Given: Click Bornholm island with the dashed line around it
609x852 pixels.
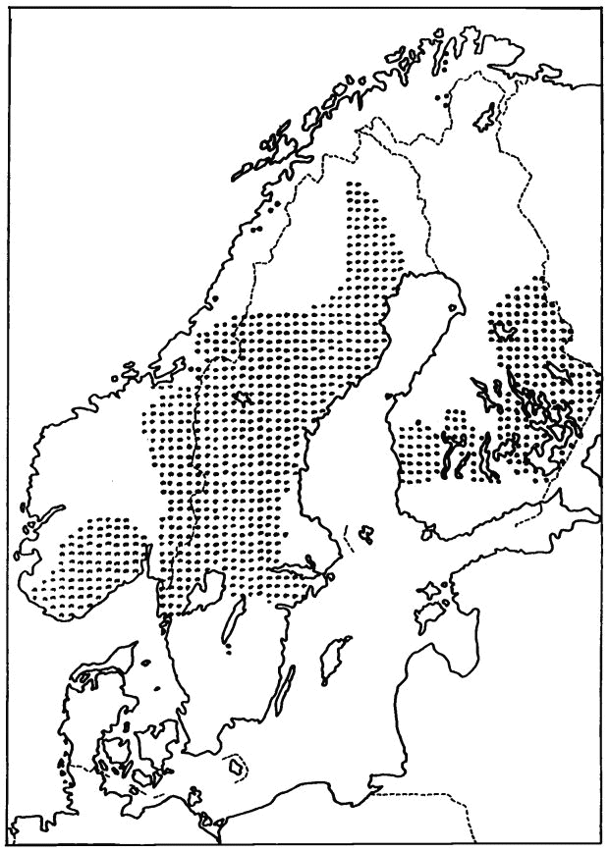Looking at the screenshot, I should coord(236,764).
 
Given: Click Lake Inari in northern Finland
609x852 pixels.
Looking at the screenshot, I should coord(484,117).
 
